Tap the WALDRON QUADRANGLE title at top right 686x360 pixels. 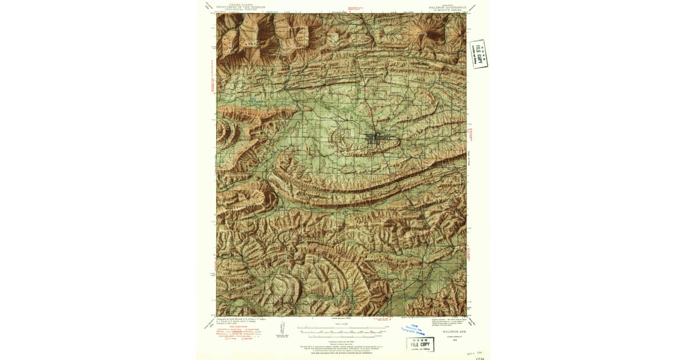(x=444, y=7)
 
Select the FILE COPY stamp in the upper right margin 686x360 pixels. (x=478, y=54)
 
